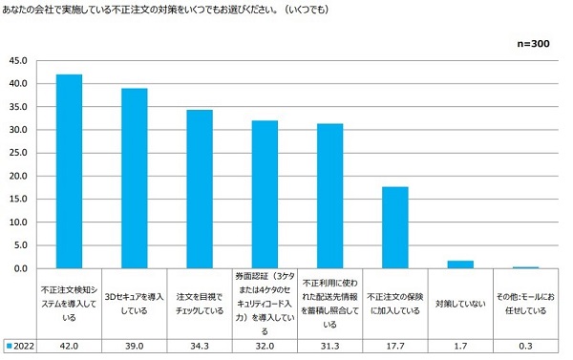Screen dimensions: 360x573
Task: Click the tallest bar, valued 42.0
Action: point(69,171)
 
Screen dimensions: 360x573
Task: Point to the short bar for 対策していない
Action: point(460,265)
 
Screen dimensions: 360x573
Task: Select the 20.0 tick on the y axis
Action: point(19,176)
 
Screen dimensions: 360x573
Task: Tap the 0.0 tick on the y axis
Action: point(19,268)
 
